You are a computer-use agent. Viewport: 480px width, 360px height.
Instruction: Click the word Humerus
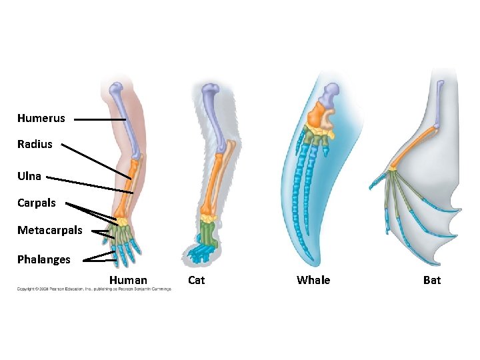coord(41,119)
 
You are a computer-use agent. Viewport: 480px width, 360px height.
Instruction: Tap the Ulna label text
coord(29,177)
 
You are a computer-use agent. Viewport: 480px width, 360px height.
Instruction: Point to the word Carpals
coord(37,203)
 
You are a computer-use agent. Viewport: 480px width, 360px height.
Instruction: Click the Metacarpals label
coord(50,231)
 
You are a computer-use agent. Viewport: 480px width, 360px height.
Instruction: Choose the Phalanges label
coord(43,260)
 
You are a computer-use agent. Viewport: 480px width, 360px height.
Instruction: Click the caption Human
coord(128,280)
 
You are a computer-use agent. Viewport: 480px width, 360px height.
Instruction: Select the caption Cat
coord(197,280)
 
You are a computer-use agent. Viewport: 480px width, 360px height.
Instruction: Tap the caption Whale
coord(313,280)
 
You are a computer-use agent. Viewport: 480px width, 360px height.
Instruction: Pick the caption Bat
coord(432,280)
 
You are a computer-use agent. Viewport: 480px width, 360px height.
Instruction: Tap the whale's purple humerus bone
coord(331,93)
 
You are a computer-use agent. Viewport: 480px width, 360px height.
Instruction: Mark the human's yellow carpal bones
coord(123,219)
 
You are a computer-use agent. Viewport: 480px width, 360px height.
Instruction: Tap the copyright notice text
coord(93,289)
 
